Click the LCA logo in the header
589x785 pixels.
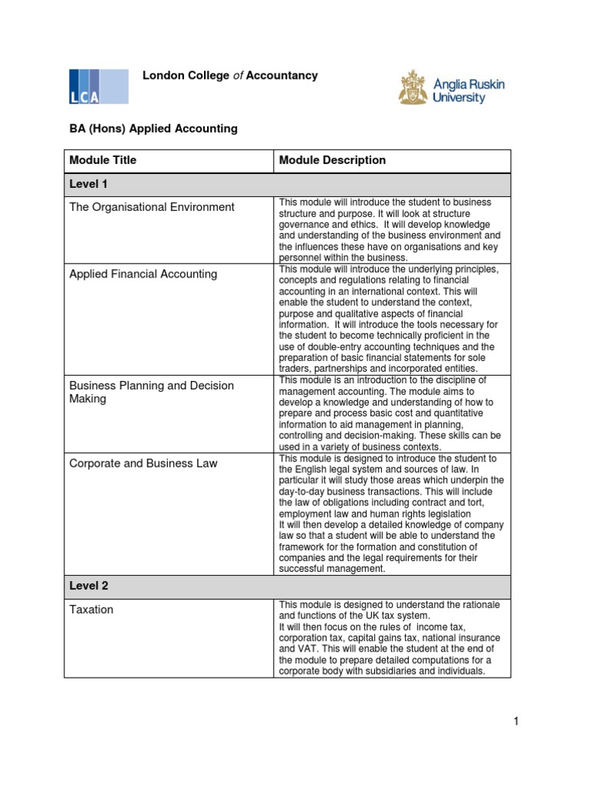98,86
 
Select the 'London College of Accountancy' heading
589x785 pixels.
230,76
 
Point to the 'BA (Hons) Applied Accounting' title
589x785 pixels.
153,129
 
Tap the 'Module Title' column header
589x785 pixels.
103,160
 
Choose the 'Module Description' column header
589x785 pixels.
332,160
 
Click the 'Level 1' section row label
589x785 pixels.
89,186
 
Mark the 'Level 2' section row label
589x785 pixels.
89,586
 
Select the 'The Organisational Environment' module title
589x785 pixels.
152,207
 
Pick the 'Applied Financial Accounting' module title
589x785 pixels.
143,274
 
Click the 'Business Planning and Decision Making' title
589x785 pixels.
151,392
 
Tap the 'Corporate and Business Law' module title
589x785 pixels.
143,463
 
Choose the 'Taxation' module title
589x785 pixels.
91,609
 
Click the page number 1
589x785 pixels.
517,721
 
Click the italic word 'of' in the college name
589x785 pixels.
238,76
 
